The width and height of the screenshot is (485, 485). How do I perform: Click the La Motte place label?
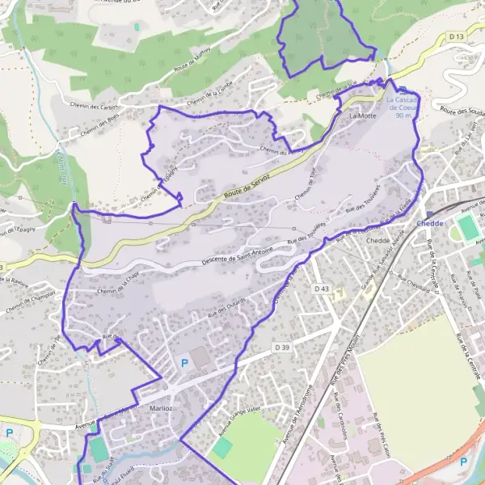click(363, 116)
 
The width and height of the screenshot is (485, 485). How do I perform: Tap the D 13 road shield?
click(457, 37)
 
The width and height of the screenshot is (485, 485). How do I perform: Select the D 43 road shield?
click(323, 289)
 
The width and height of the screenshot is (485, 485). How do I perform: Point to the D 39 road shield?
click(281, 347)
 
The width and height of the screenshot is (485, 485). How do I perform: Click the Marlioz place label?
click(162, 409)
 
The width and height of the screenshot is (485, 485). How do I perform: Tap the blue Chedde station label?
click(430, 222)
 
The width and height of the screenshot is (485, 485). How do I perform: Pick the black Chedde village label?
click(378, 241)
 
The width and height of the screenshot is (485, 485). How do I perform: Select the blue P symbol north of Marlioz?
click(184, 364)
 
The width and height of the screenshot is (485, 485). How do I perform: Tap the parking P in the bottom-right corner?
click(464, 462)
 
